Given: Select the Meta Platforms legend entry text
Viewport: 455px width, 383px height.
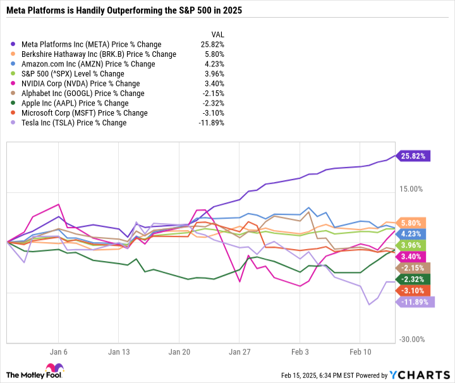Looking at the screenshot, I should (90, 44).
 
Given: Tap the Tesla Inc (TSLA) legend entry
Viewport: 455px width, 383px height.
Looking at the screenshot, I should (73, 123).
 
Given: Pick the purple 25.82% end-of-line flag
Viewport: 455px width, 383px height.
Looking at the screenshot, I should (414, 155).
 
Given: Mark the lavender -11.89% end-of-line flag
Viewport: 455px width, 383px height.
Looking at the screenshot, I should (415, 302).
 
